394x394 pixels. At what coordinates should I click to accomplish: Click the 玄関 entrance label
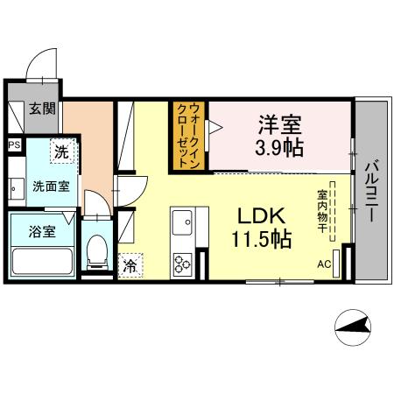(40, 109)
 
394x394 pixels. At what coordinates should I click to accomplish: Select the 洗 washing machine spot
(61, 151)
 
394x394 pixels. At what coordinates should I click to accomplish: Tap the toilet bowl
(99, 253)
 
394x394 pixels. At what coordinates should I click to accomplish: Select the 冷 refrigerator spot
(129, 262)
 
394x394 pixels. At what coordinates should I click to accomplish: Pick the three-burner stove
(182, 262)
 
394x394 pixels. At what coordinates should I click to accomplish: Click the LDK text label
(254, 215)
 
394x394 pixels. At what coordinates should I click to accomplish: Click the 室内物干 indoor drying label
(322, 211)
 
